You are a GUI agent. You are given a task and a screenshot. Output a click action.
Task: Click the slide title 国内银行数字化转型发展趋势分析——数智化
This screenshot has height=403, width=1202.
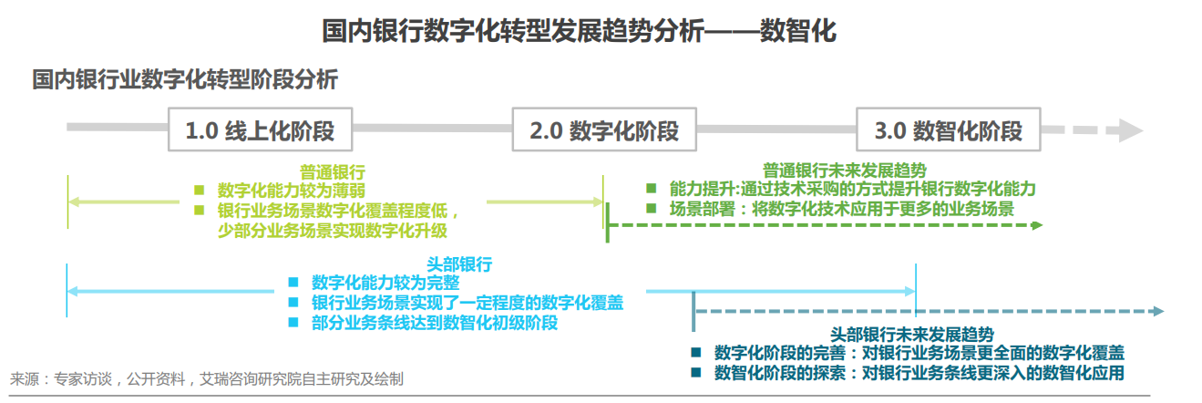click(579, 32)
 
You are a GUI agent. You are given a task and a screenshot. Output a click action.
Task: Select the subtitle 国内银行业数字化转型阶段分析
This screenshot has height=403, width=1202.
click(185, 80)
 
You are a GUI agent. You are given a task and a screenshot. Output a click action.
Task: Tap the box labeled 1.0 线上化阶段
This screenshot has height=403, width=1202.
click(260, 131)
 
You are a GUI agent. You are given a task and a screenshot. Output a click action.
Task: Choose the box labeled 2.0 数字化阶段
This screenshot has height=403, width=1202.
click(604, 131)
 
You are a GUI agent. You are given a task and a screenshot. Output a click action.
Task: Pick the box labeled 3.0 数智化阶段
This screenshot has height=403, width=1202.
click(949, 131)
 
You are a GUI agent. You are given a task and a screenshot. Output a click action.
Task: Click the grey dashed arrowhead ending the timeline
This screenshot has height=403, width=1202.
click(1130, 131)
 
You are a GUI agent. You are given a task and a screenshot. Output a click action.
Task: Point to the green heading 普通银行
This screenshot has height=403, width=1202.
click(333, 171)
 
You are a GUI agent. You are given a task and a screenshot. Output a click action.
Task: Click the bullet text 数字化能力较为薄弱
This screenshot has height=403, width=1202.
click(292, 191)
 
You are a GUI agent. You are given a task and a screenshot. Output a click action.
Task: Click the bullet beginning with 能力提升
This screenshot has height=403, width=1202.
click(852, 189)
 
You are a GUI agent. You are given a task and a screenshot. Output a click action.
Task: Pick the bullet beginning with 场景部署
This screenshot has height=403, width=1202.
click(842, 208)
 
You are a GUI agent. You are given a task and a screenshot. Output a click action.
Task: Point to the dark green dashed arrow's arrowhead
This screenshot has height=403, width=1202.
click(1036, 224)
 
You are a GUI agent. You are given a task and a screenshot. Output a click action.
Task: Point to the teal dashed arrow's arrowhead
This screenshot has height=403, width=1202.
click(1158, 312)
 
